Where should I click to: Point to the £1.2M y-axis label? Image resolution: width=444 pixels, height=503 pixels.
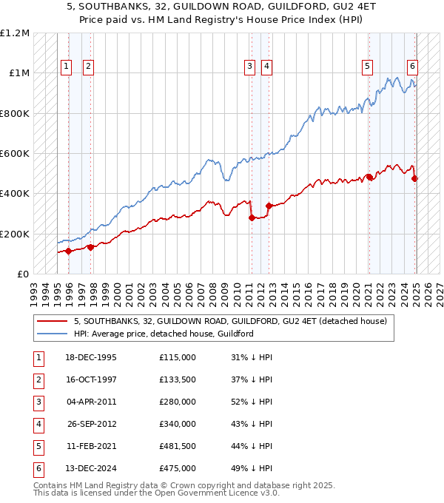(15, 33)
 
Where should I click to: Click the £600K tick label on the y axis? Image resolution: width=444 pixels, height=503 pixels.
(15, 153)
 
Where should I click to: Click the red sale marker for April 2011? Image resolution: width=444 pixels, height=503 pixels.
(252, 217)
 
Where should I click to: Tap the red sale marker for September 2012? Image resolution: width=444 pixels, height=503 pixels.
(269, 206)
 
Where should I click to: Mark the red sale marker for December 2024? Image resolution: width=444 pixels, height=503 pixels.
(415, 178)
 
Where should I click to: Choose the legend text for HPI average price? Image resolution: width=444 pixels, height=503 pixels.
(164, 334)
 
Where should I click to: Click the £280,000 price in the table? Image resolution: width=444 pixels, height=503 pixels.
(178, 402)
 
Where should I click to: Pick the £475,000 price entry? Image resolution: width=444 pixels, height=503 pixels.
(178, 468)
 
